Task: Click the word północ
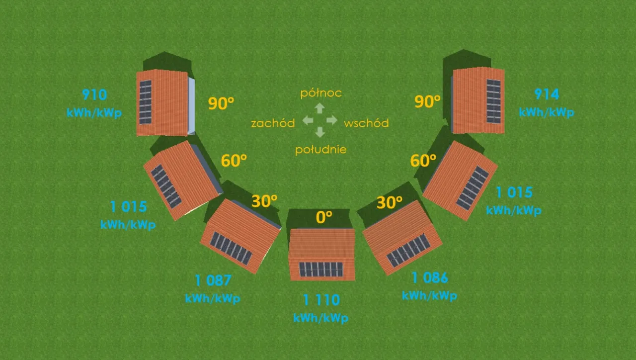(x=321, y=93)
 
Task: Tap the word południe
(x=320, y=150)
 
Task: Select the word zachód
(x=273, y=123)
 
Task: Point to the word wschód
(x=366, y=123)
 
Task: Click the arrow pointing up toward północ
(x=320, y=108)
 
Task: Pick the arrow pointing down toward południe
(x=320, y=132)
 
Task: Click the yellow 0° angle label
(x=324, y=217)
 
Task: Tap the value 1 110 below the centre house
(x=321, y=300)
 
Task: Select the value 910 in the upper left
(x=94, y=94)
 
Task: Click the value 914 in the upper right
(x=547, y=94)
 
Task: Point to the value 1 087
(x=213, y=280)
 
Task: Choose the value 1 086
(x=429, y=277)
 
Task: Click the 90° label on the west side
(x=221, y=104)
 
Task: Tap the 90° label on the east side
(x=428, y=102)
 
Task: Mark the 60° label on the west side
(x=234, y=161)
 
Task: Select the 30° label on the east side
(x=389, y=202)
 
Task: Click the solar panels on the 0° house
(x=321, y=270)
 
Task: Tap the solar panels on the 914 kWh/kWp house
(x=493, y=101)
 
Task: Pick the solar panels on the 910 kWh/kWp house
(x=145, y=102)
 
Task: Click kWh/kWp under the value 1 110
(x=321, y=318)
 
